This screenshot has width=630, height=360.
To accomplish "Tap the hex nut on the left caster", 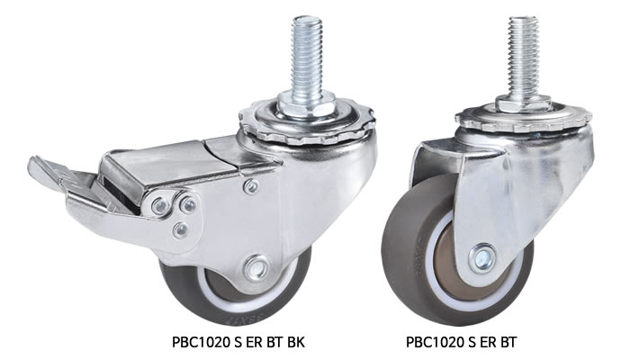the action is tap(306, 104).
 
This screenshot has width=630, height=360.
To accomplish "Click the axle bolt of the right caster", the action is tap(482, 258).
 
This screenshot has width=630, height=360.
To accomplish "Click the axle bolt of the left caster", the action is tap(256, 267).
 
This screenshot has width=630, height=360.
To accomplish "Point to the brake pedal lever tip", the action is tap(34, 166).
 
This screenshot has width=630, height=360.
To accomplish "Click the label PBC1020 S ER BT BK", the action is tap(238, 342).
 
